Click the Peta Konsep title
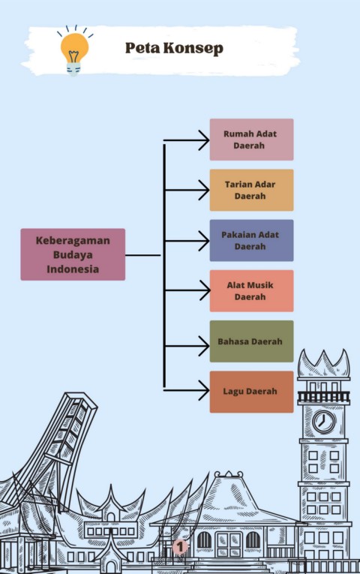pyautogui.click(x=174, y=48)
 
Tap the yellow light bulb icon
pyautogui.click(x=75, y=50)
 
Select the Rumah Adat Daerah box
pyautogui.click(x=251, y=140)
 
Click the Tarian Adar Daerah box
pyautogui.click(x=251, y=190)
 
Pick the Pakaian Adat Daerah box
pyautogui.click(x=251, y=241)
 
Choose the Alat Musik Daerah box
pyautogui.click(x=251, y=291)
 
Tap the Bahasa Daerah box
pyautogui.click(x=251, y=341)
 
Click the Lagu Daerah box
pyautogui.click(x=251, y=392)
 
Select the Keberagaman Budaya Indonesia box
pyautogui.click(x=73, y=254)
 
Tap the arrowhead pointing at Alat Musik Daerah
pyautogui.click(x=205, y=290)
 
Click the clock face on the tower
pyautogui.click(x=324, y=422)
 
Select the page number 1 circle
pyautogui.click(x=180, y=547)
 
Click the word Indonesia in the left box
pyautogui.click(x=73, y=269)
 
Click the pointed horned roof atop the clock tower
pyautogui.click(x=323, y=363)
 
